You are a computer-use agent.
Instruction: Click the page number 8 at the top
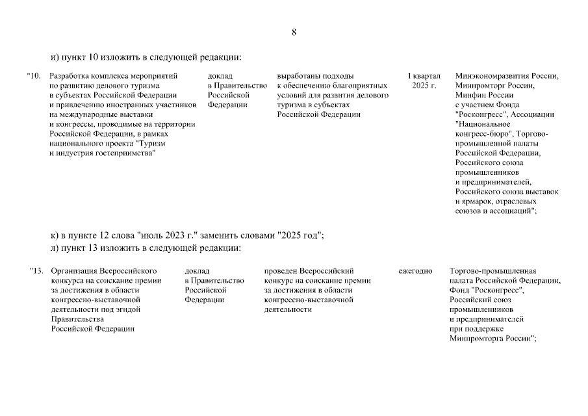point(294,32)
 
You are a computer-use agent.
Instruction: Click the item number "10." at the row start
point(34,75)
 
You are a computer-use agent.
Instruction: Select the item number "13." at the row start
point(36,270)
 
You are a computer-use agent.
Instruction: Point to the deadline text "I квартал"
point(424,75)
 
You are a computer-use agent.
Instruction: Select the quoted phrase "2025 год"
point(298,235)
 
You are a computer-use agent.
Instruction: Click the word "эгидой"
point(127,309)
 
